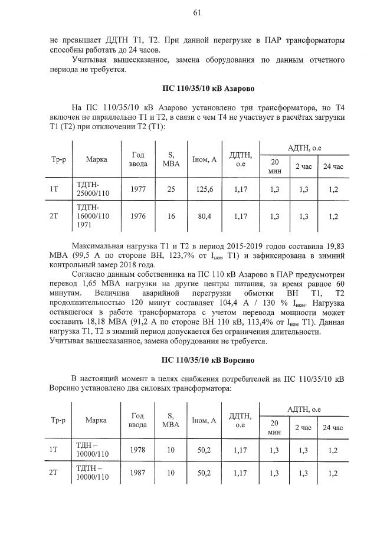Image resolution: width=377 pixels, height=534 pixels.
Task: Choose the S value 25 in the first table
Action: pyautogui.click(x=171, y=189)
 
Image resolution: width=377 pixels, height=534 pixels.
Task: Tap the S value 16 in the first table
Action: pyautogui.click(x=171, y=217)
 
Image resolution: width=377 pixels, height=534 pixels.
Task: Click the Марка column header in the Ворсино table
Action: pyautogui.click(x=96, y=420)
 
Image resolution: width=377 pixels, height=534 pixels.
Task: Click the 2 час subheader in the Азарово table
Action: pyautogui.click(x=304, y=167)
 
